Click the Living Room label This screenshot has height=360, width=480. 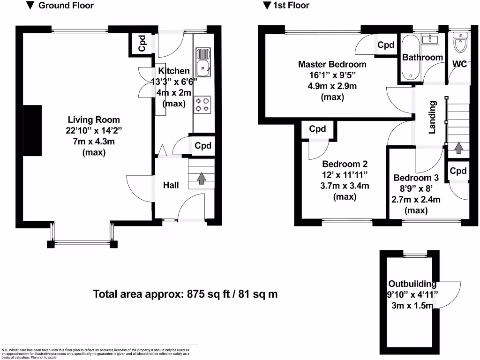pyautogui.click(x=93, y=120)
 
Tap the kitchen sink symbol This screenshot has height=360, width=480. pyautogui.click(x=203, y=62)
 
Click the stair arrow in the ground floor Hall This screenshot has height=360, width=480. pyautogui.click(x=201, y=179)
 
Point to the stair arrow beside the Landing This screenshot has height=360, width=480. pyautogui.click(x=458, y=148)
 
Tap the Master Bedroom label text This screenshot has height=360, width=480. pyautogui.click(x=332, y=64)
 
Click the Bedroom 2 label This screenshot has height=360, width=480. pyautogui.click(x=345, y=164)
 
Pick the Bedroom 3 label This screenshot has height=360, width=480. pyautogui.click(x=416, y=178)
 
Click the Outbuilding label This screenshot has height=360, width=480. pyautogui.click(x=412, y=284)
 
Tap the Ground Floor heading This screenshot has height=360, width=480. pyautogui.click(x=65, y=6)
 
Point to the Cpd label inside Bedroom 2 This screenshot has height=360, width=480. pyautogui.click(x=317, y=129)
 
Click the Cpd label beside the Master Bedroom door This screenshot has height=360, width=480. pyautogui.click(x=386, y=45)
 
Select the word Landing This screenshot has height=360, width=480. pyautogui.click(x=432, y=117)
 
